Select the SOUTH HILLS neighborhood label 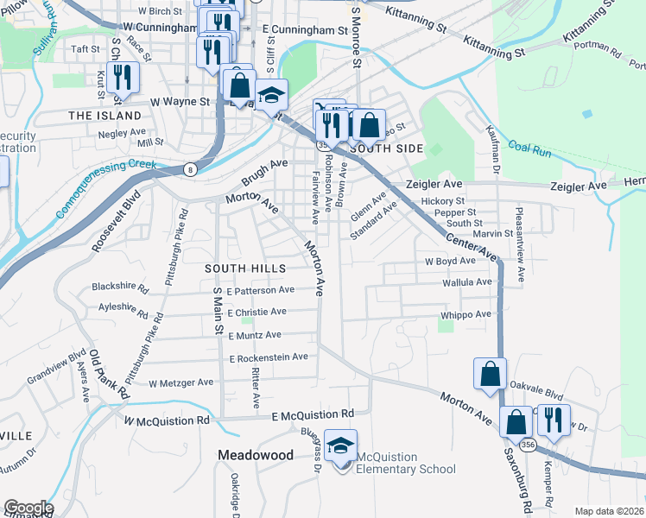tap(245, 268)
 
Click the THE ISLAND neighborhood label tap(104, 115)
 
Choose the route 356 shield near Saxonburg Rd tap(529, 444)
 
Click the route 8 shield tap(190, 169)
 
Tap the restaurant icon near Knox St tap(123, 79)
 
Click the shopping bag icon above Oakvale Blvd tap(490, 375)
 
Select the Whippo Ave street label tap(465, 315)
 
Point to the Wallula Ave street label tap(466, 281)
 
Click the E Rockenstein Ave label tap(269, 357)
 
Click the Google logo tap(28, 508)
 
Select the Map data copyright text tap(609, 511)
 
